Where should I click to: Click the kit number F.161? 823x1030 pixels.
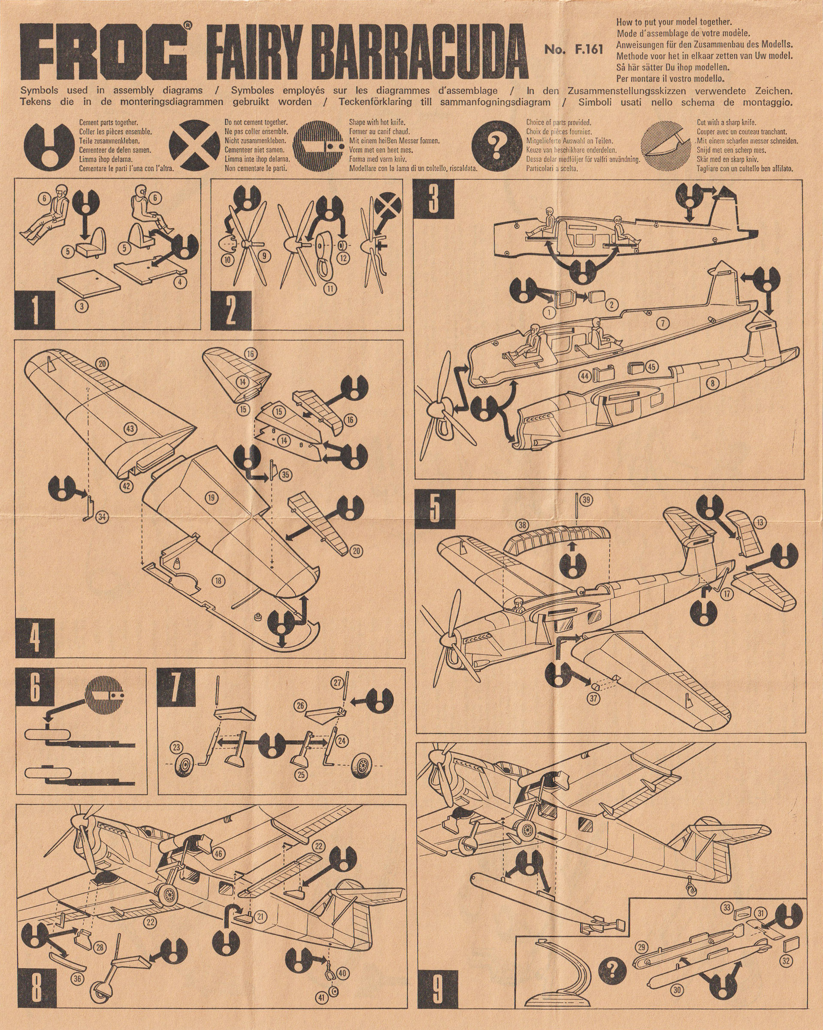[x=574, y=49]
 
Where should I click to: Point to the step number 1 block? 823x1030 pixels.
[x=35, y=309]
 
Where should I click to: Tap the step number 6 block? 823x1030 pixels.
[x=35, y=688]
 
